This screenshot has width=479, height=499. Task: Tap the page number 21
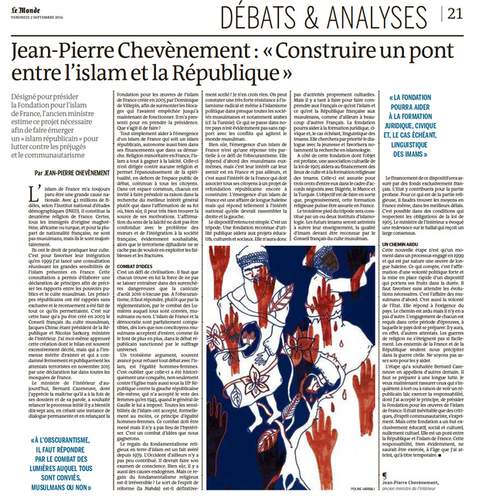coord(455,12)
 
